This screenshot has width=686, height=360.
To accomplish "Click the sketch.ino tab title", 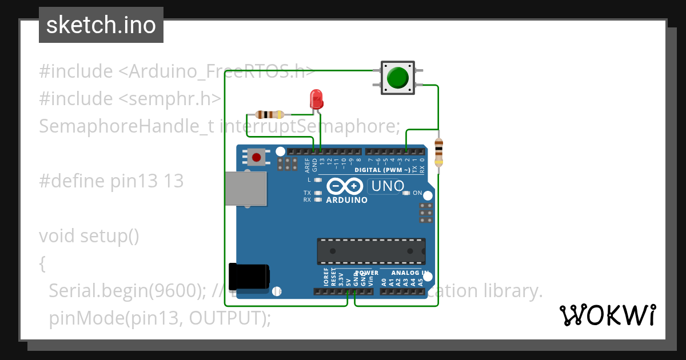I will [x=101, y=25].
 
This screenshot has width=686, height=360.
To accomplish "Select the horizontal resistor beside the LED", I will [x=270, y=114].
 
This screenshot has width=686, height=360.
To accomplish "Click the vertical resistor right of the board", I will [x=438, y=151].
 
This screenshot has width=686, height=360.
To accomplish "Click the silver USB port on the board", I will [x=245, y=188].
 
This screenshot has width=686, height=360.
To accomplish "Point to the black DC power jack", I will [x=249, y=277].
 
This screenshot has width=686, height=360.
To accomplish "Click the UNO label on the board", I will [x=388, y=186].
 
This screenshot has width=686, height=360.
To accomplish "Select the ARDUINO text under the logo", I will [x=346, y=200].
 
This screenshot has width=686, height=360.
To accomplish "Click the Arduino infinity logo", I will [x=345, y=186].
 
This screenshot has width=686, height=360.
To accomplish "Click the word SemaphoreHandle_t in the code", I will [x=126, y=126].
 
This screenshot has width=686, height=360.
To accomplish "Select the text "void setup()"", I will [x=89, y=235].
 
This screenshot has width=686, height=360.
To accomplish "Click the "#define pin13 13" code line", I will [x=111, y=181].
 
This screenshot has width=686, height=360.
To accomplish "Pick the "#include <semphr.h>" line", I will [x=130, y=98].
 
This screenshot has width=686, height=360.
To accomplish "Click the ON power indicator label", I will [x=417, y=193].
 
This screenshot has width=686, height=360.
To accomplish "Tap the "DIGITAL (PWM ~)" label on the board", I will [x=382, y=170].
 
